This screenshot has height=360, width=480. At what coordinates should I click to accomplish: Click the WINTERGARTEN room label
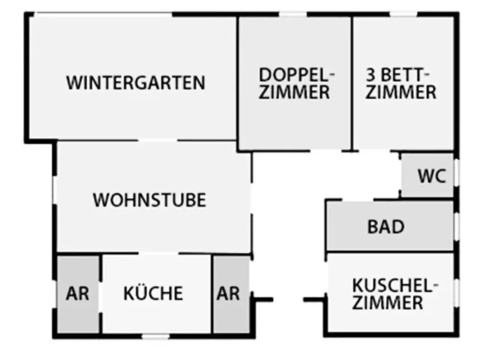(136, 83)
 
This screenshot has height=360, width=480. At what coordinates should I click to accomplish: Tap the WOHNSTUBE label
(149, 200)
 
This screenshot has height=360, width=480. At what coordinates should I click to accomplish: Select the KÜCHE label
(153, 293)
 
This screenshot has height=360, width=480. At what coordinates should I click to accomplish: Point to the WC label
(432, 176)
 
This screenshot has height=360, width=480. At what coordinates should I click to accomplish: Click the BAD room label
(386, 227)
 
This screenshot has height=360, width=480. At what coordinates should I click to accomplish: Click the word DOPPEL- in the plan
(296, 75)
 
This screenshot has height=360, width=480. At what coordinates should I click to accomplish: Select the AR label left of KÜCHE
(77, 293)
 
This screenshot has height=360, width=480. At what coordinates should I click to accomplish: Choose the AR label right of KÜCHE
(228, 293)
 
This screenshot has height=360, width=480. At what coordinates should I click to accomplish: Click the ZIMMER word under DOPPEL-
(294, 92)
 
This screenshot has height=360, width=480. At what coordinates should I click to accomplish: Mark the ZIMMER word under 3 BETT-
(401, 92)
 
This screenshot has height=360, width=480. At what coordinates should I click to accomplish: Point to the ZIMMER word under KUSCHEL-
(387, 303)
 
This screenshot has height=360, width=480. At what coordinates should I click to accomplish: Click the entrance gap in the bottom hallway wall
(288, 300)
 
